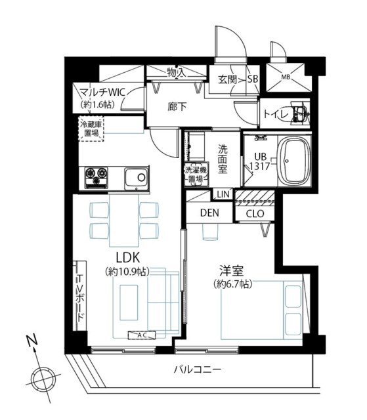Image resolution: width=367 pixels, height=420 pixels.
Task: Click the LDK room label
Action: [128, 258]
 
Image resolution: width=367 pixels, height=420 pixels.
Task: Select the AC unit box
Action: [142, 335]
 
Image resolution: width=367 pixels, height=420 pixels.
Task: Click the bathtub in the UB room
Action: [295, 160]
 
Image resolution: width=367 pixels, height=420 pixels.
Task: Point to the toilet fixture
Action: [301, 114]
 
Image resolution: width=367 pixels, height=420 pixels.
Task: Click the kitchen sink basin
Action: [137, 177]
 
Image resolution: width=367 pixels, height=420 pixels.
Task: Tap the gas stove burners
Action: [96, 177]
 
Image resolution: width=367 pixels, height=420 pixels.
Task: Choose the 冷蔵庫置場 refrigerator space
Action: [91, 129]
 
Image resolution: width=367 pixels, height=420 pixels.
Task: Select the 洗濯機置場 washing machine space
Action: [196, 175]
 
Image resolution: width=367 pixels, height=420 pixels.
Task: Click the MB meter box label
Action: [286, 77]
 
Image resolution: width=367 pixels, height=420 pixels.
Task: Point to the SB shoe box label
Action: [252, 79]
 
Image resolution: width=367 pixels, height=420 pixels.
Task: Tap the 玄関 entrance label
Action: [227, 79]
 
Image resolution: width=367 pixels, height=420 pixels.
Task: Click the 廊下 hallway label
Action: [177, 107]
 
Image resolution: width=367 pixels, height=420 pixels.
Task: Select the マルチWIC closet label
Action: [103, 93]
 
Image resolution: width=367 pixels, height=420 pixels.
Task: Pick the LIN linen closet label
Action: [223, 194]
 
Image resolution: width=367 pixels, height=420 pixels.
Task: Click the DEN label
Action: [209, 213]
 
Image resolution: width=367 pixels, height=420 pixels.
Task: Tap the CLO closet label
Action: [255, 213]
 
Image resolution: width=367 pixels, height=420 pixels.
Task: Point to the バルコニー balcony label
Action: [198, 370]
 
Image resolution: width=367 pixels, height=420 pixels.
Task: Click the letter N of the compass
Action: [32, 340]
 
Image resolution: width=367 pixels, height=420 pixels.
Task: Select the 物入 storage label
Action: [177, 72]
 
